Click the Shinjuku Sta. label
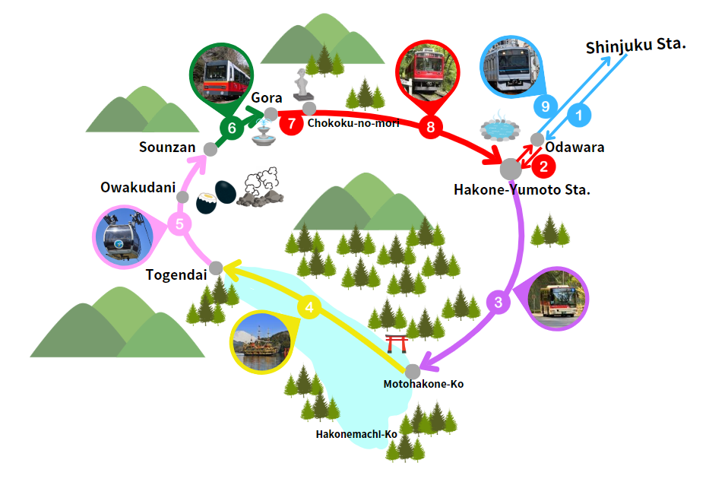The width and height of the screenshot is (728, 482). click(x=636, y=46)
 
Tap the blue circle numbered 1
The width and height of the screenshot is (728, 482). click(x=579, y=116)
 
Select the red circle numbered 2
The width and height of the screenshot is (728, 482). click(x=543, y=164)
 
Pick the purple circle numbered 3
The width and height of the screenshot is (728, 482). click(x=499, y=303)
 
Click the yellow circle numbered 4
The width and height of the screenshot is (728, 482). click(x=309, y=308)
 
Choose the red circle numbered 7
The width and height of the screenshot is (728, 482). click(x=290, y=123)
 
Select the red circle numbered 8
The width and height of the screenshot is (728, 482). click(x=431, y=127)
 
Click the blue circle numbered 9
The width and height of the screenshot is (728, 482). click(x=544, y=106)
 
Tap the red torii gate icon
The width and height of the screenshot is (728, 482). click(x=397, y=344)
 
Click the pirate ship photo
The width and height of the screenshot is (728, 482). click(x=261, y=341)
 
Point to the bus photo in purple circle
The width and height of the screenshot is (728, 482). click(x=557, y=299)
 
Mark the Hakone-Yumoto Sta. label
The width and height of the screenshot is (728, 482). click(x=522, y=189)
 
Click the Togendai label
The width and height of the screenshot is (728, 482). click(x=176, y=274)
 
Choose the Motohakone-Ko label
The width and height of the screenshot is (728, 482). click(x=423, y=384)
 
